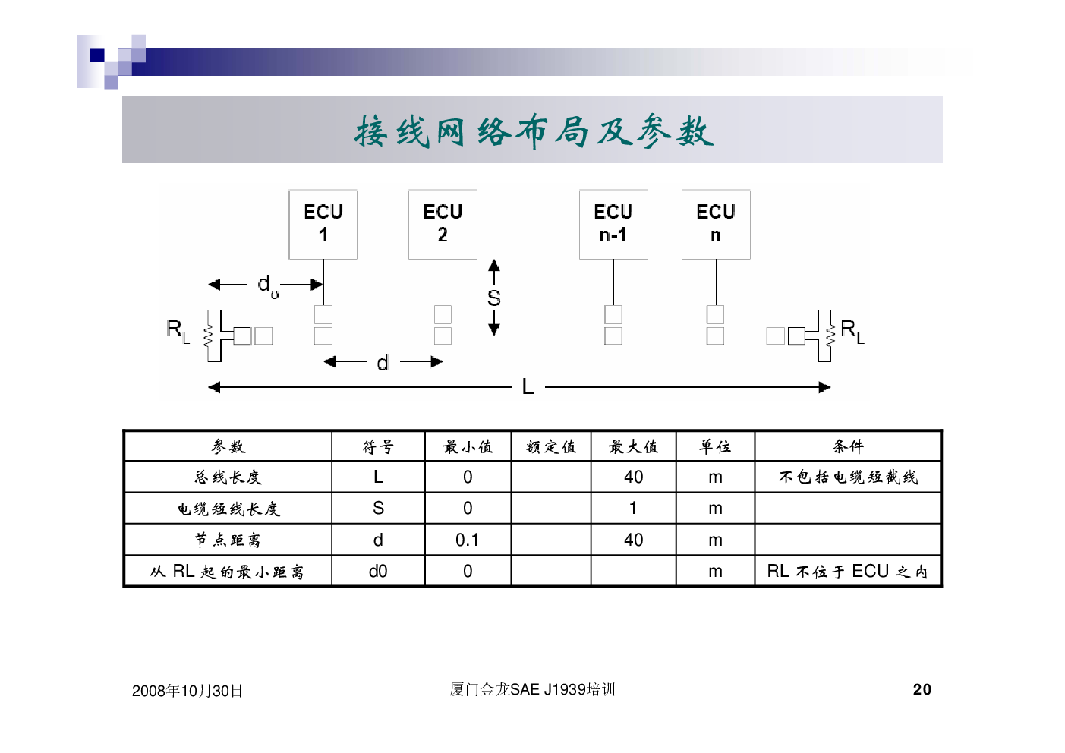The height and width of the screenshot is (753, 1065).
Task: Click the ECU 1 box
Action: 323,225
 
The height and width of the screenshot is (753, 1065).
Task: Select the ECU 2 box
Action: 443,225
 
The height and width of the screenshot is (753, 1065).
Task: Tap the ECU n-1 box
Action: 613,225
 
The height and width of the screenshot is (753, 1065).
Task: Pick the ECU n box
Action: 716,225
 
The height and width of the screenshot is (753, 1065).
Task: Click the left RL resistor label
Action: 178,330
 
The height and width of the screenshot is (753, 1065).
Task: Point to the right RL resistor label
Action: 852,330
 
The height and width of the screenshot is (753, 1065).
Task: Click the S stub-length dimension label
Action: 494,298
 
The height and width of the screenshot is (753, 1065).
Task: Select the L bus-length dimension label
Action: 528,387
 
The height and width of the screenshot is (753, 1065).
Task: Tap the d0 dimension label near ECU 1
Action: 268,286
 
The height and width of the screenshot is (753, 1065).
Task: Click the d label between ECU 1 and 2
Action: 383,363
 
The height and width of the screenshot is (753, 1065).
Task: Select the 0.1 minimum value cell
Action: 467,540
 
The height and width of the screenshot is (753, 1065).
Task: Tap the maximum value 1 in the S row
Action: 633,508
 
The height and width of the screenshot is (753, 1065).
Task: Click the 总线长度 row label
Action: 228,477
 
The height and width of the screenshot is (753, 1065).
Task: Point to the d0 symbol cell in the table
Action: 378,571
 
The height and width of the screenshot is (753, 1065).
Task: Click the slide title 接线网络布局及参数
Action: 533,131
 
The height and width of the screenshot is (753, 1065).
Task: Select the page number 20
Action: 922,689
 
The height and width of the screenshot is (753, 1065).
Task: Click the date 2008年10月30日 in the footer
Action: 187,691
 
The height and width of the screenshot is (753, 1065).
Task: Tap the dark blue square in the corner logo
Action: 97,55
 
